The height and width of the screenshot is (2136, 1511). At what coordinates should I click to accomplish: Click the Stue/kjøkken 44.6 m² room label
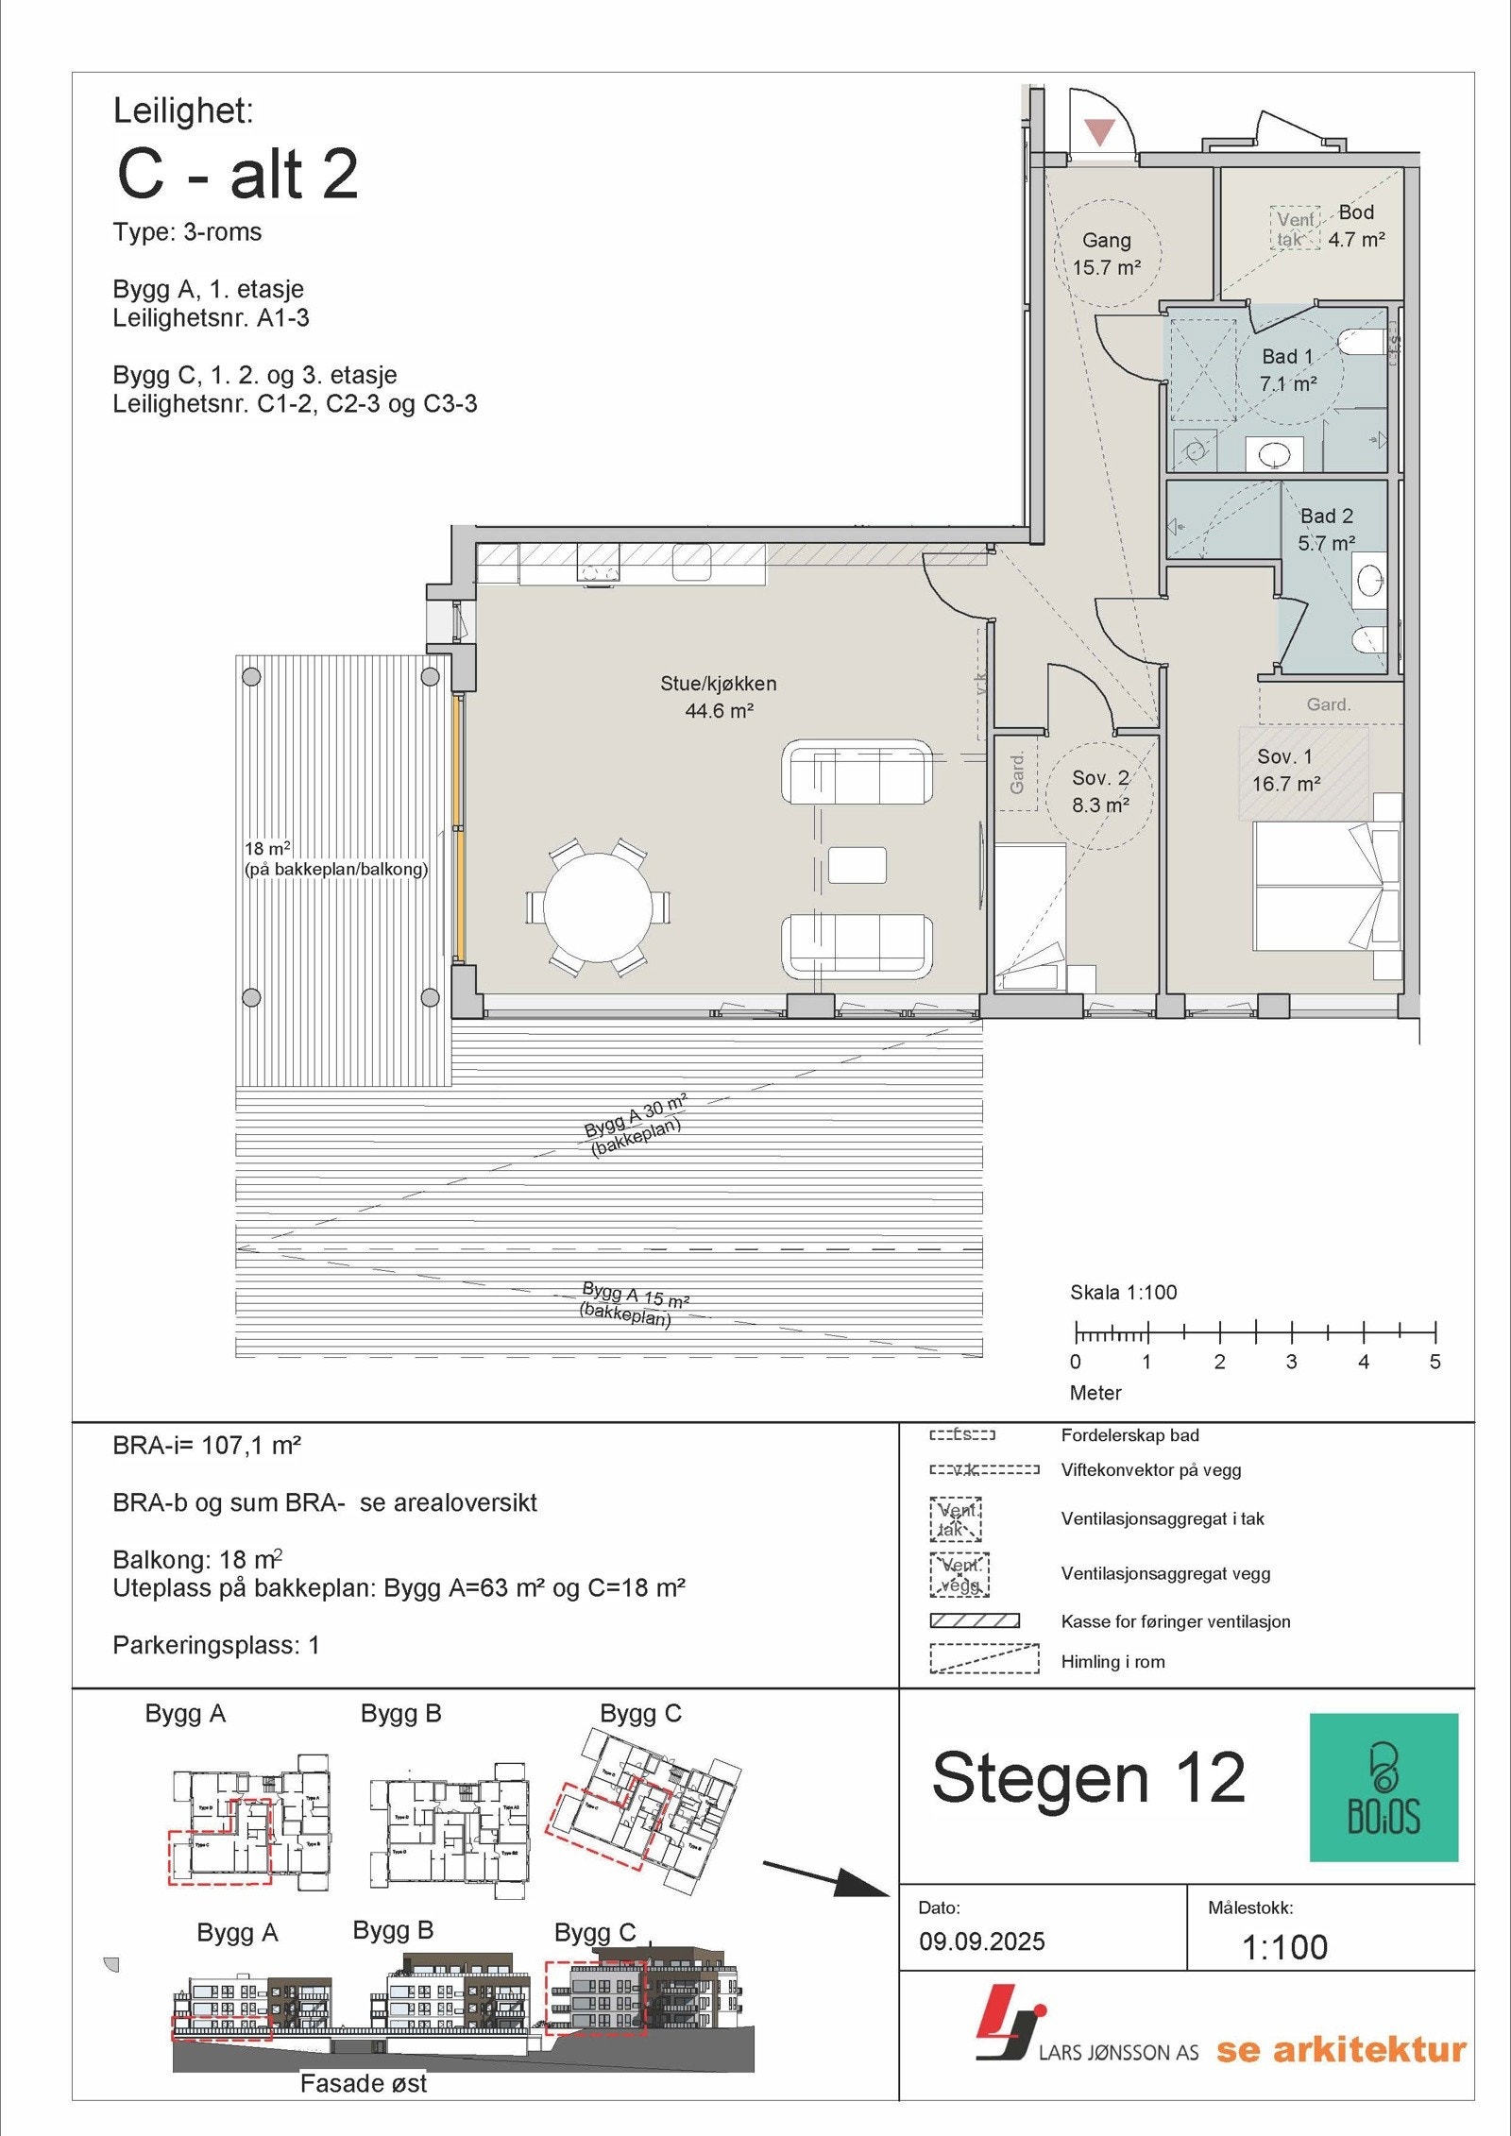pyautogui.click(x=719, y=697)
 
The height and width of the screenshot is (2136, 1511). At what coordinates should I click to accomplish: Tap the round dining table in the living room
pyautogui.click(x=598, y=907)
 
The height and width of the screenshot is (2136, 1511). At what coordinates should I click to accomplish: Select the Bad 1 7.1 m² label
pyautogui.click(x=1287, y=370)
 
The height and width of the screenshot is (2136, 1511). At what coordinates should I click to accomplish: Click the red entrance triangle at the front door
pyautogui.click(x=1099, y=131)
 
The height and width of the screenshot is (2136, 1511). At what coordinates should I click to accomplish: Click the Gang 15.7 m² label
pyautogui.click(x=1106, y=254)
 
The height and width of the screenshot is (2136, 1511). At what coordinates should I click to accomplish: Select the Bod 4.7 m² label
pyautogui.click(x=1356, y=226)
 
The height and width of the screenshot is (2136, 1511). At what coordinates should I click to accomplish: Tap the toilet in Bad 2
pyautogui.click(x=1368, y=641)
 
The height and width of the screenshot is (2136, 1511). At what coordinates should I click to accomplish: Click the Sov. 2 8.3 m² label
pyautogui.click(x=1100, y=791)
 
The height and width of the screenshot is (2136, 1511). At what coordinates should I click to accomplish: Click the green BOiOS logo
pyautogui.click(x=1384, y=1787)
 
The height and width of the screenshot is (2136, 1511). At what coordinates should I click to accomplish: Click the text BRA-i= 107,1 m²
pyautogui.click(x=207, y=1446)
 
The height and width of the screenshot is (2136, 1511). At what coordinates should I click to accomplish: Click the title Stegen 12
pyautogui.click(x=1088, y=1779)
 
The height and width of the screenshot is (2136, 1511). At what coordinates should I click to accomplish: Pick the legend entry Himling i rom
pyautogui.click(x=1112, y=1662)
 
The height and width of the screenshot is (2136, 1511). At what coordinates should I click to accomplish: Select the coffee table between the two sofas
pyautogui.click(x=857, y=865)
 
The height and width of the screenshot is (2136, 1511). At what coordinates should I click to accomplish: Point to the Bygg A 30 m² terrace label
pyautogui.click(x=636, y=1126)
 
